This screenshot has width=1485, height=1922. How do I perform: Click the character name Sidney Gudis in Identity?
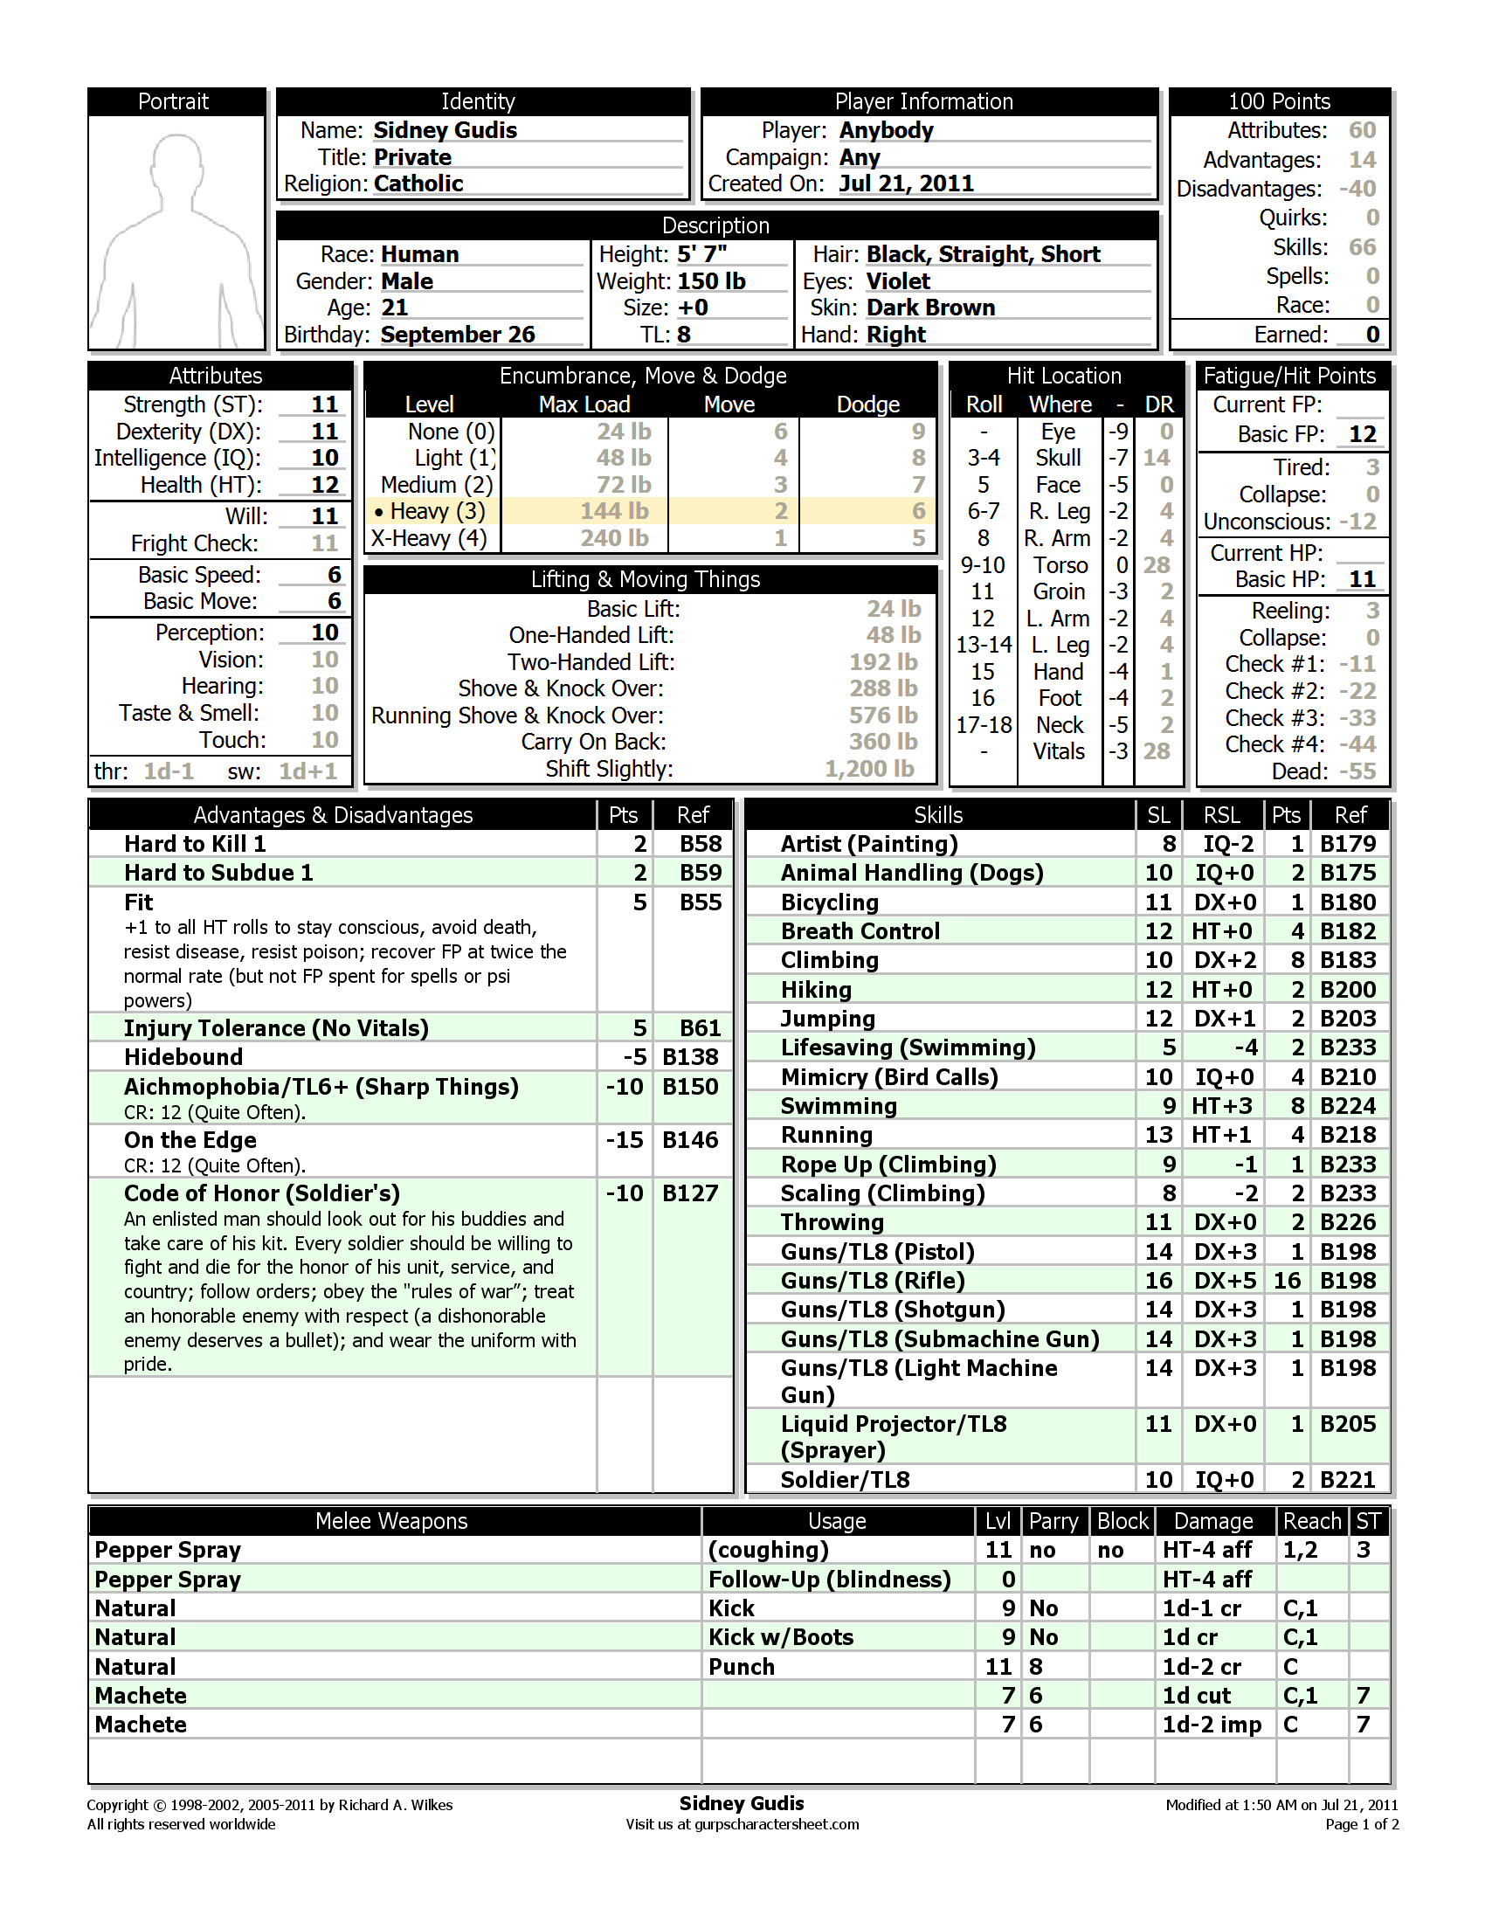(445, 130)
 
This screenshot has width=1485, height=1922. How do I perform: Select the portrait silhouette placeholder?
(176, 233)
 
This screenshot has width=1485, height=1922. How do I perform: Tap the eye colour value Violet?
(898, 281)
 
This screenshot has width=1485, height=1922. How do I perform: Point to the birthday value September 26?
(458, 335)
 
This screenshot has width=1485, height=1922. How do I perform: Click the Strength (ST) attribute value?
(325, 404)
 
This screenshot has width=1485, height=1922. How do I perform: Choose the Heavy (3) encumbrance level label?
(438, 511)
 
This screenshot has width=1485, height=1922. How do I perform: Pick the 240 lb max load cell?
(614, 538)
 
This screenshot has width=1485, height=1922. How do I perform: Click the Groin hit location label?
(1059, 592)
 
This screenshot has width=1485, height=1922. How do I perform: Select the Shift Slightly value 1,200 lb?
(869, 769)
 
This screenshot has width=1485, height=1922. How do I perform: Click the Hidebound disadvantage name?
(183, 1057)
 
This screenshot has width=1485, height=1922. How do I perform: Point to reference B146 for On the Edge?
(691, 1140)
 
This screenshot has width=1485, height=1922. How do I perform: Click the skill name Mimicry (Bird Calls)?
(889, 1077)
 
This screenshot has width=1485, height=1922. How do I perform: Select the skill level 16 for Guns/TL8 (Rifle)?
(1158, 1281)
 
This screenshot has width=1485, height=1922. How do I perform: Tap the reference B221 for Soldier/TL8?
(1348, 1480)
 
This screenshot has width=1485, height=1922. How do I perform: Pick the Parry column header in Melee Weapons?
(1053, 1522)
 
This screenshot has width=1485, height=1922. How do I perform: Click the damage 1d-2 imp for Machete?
(1212, 1725)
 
